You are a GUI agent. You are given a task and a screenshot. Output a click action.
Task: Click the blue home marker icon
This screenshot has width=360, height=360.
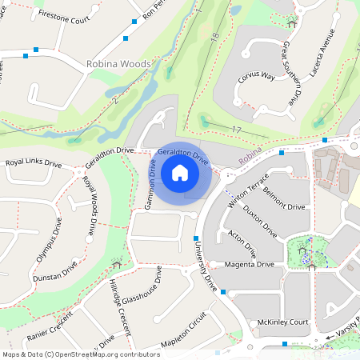click(180, 172)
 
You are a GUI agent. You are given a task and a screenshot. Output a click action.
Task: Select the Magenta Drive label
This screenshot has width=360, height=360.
click(250, 264)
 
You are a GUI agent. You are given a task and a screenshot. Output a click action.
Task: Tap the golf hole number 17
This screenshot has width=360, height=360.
click(235, 130)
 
